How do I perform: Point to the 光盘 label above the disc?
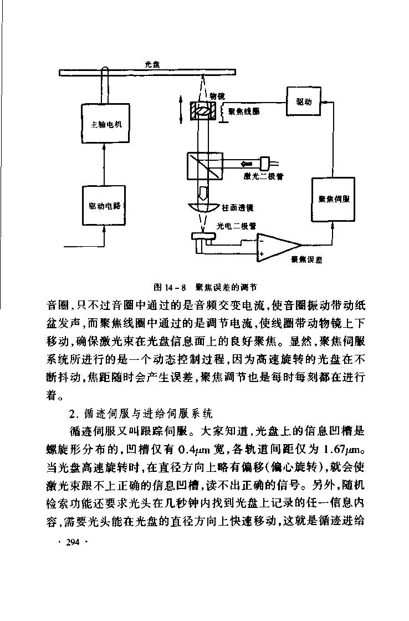point(152,64)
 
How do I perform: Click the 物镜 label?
point(217,96)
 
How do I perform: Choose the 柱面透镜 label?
point(238,207)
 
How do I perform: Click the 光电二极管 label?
point(237,226)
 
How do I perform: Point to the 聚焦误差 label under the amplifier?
point(306,259)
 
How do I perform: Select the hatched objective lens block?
point(203,111)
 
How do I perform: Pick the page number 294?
point(73,542)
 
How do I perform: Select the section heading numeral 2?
point(72,414)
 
